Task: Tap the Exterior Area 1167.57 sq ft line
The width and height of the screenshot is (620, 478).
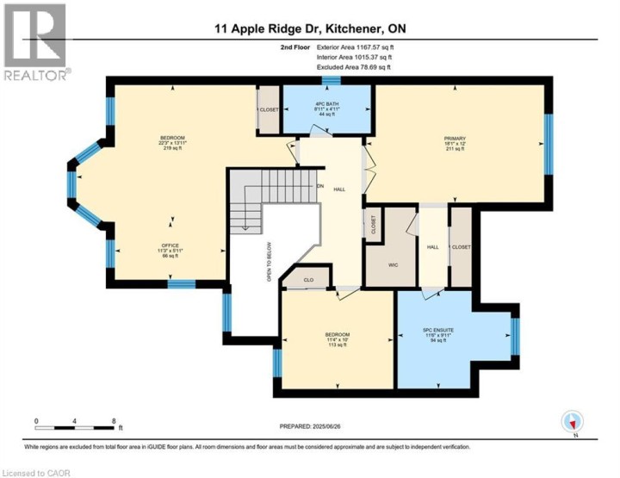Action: pyautogui.click(x=343, y=48)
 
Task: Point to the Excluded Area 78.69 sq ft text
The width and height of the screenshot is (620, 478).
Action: pyautogui.click(x=343, y=65)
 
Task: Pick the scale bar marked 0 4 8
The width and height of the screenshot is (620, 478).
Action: pyautogui.click(x=75, y=425)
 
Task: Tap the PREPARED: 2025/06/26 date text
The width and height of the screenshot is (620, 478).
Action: pyautogui.click(x=311, y=426)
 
